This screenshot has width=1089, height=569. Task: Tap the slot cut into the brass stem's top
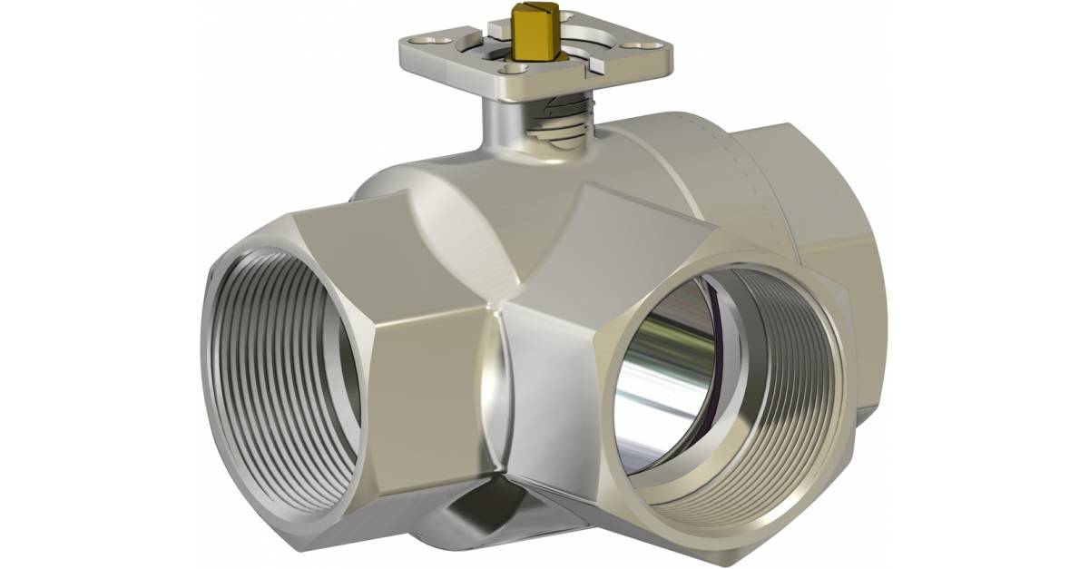[x=528, y=14]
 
